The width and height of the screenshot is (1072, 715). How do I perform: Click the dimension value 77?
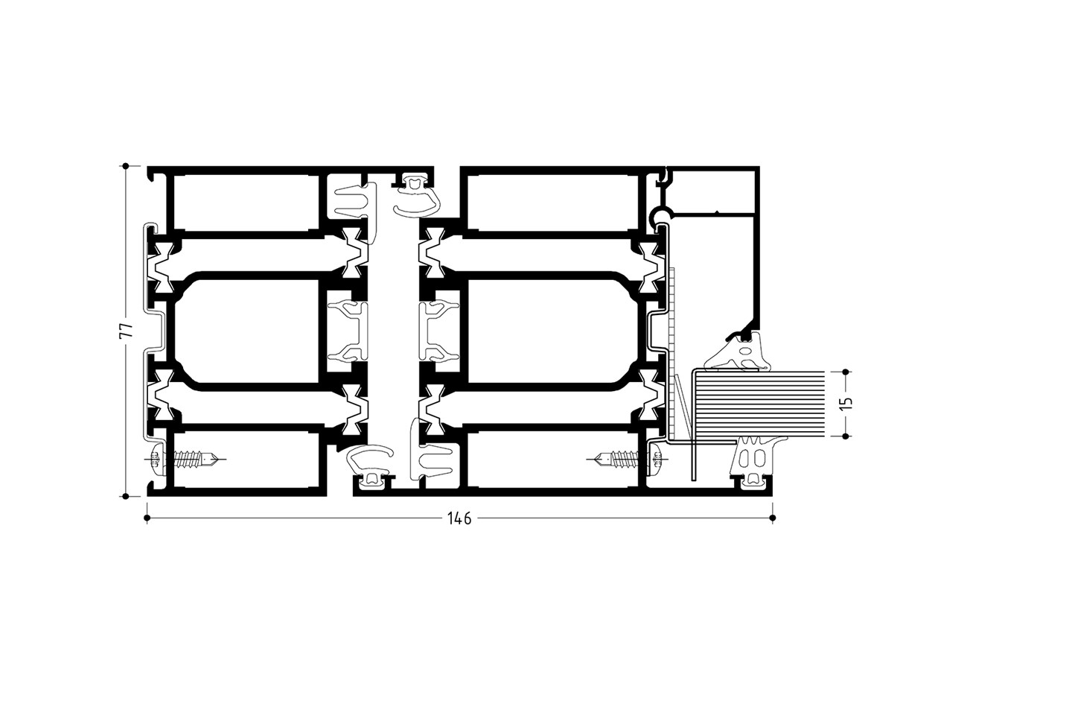pos(126,331)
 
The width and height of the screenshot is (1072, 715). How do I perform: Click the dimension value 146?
pos(459,518)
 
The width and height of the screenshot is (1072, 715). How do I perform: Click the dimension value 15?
pos(846,404)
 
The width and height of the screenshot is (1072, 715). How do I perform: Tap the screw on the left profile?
pos(185,460)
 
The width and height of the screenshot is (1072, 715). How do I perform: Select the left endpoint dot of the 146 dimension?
pos(147,518)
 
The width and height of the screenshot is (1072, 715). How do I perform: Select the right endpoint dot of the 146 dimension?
pos(773,518)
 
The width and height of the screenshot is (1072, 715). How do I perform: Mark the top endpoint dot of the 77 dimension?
pos(125,166)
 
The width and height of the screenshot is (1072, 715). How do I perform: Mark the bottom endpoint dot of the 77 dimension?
pos(125,496)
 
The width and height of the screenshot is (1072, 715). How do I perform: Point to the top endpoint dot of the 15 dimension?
pos(845,372)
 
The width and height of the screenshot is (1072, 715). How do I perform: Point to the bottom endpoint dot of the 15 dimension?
pos(845,436)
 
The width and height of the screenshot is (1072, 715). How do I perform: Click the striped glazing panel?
pos(760,404)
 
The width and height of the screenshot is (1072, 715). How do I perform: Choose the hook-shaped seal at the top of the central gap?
pos(415,196)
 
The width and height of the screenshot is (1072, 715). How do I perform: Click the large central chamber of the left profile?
pos(246,331)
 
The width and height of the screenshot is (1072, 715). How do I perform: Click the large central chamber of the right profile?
pos(553,331)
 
